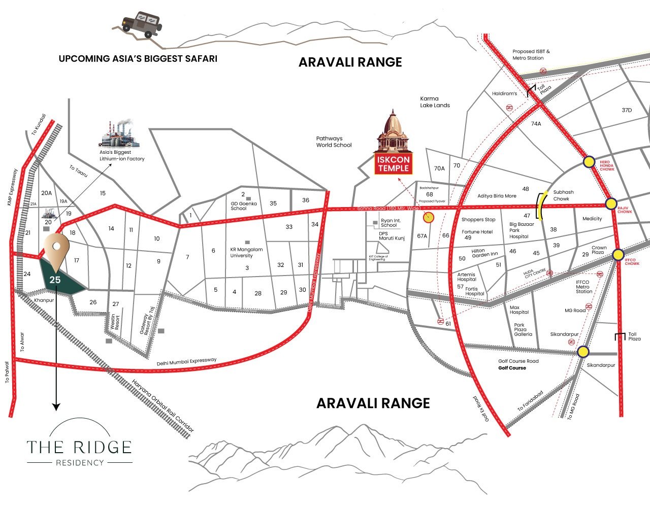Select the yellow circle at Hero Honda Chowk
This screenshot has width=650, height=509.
589,162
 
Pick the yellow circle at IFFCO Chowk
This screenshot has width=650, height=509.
618,255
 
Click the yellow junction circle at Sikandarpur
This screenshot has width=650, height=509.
583,352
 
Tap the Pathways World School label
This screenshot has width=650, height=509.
334,142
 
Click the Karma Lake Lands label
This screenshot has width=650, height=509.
435,102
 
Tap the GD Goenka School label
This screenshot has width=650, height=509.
244,206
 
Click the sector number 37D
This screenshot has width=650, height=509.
627,111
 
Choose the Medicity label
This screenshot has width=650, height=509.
592,219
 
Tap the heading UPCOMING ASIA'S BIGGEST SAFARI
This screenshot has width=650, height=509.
138,59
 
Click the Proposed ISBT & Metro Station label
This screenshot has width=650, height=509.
531,55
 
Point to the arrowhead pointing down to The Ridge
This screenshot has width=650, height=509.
56,406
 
